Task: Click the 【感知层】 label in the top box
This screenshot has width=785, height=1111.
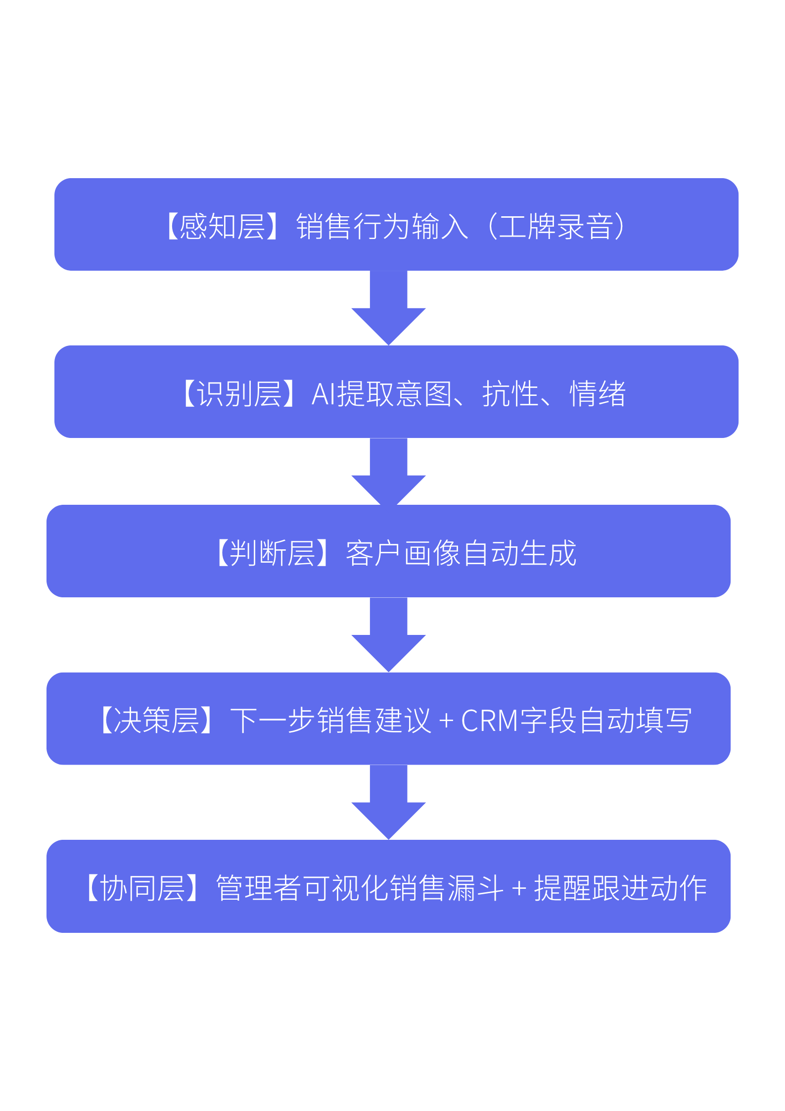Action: (222, 227)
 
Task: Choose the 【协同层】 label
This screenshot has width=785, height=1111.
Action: (142, 888)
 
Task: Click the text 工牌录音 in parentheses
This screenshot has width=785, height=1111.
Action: (556, 227)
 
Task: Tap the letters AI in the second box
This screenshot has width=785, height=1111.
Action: (324, 394)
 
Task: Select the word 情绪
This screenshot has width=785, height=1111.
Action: (598, 394)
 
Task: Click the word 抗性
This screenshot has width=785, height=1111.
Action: (510, 394)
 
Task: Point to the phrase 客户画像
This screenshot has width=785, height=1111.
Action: (403, 553)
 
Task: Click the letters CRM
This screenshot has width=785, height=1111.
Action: (490, 721)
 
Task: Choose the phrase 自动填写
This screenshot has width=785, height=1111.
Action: (635, 720)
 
